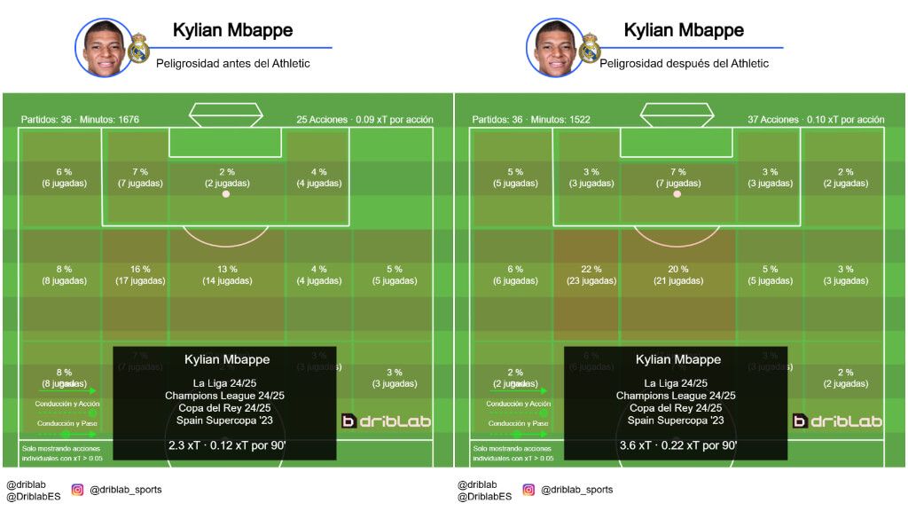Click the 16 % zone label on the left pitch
(140, 270)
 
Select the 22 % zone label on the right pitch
(591, 270)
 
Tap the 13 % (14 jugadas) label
(227, 275)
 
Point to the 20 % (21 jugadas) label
(678, 275)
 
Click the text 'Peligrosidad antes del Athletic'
(233, 64)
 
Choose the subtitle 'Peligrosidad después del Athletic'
(685, 64)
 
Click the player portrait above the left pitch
(104, 48)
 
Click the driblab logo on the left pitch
(386, 421)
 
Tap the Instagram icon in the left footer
(77, 490)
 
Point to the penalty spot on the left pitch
(225, 193)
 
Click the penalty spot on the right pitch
(677, 193)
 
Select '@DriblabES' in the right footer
(484, 497)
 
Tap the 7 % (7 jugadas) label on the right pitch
(678, 177)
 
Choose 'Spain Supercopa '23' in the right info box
(678, 421)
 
